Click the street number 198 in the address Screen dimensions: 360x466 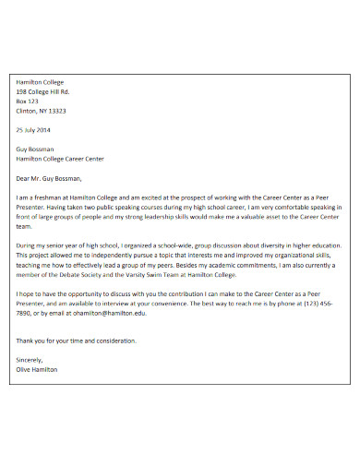pyautogui.click(x=22, y=92)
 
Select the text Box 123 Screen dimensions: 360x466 pyautogui.click(x=29, y=102)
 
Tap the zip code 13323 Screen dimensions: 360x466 pyautogui.click(x=56, y=111)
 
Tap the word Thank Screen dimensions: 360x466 pyautogui.click(x=26, y=341)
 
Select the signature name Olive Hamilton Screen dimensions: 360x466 pyautogui.click(x=37, y=369)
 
